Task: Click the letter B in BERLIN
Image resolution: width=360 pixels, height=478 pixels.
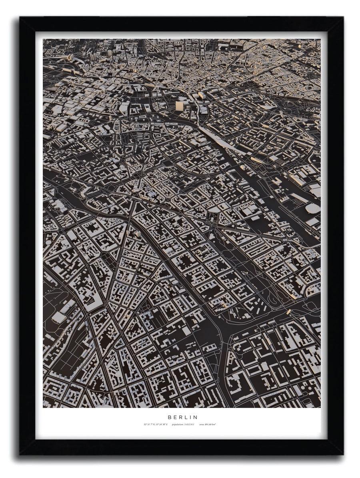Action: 169,417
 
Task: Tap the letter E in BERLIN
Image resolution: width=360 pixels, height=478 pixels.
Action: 175,417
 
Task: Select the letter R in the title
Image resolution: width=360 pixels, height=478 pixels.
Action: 180,417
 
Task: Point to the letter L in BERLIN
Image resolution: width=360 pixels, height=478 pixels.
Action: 186,417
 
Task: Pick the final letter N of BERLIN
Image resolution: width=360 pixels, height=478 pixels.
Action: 196,417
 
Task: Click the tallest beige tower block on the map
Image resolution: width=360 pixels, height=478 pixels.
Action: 179,106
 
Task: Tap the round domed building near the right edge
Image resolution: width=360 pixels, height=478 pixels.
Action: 312,208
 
